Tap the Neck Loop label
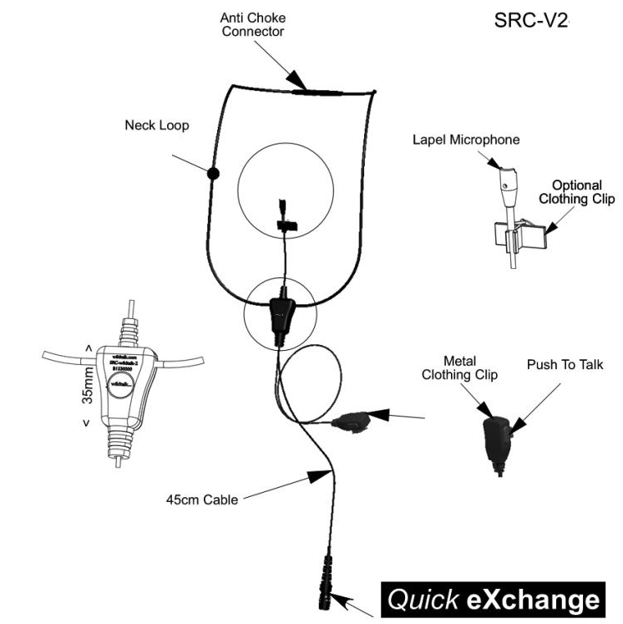click(157, 125)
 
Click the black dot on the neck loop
click(213, 174)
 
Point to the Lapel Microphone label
click(466, 140)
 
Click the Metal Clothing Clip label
click(459, 368)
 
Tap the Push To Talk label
click(565, 365)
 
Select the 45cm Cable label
click(200, 500)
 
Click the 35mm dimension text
click(88, 385)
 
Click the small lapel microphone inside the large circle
click(285, 216)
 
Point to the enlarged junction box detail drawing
click(124, 388)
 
